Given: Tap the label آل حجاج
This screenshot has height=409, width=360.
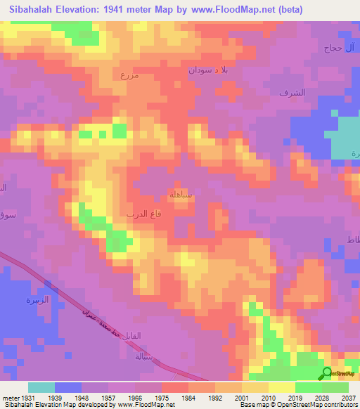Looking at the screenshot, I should (x=341, y=48).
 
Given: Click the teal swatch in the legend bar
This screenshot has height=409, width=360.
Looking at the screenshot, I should (x=41, y=387).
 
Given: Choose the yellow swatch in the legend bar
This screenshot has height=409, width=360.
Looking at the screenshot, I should (x=282, y=387).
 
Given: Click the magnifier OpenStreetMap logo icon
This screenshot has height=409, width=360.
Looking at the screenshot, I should (x=326, y=372).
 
